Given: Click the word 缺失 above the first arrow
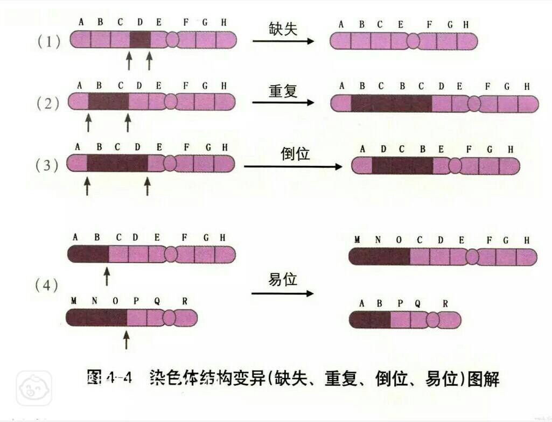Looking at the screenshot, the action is click(283, 29).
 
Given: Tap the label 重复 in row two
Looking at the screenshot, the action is click(283, 91).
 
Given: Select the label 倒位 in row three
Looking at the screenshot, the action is click(295, 153).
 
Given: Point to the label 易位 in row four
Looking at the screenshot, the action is click(283, 279).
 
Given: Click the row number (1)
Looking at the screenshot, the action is click(49, 41).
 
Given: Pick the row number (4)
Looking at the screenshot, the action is click(46, 285).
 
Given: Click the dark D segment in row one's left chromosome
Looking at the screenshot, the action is click(140, 39).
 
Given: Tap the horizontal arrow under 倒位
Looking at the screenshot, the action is click(293, 166).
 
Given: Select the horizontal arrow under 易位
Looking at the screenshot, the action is click(282, 293).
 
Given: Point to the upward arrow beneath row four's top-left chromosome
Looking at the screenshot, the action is click(107, 276).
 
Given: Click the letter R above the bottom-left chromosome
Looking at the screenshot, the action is click(185, 301).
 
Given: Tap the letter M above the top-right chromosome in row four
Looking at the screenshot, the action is click(357, 240).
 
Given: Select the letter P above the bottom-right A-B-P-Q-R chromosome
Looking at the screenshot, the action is click(400, 304).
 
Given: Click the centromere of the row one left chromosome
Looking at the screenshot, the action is click(172, 39).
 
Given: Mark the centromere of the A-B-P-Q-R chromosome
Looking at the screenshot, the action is click(432, 320).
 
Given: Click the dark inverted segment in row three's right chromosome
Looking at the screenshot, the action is click(402, 165).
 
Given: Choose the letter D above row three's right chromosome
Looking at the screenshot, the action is click(383, 150).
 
